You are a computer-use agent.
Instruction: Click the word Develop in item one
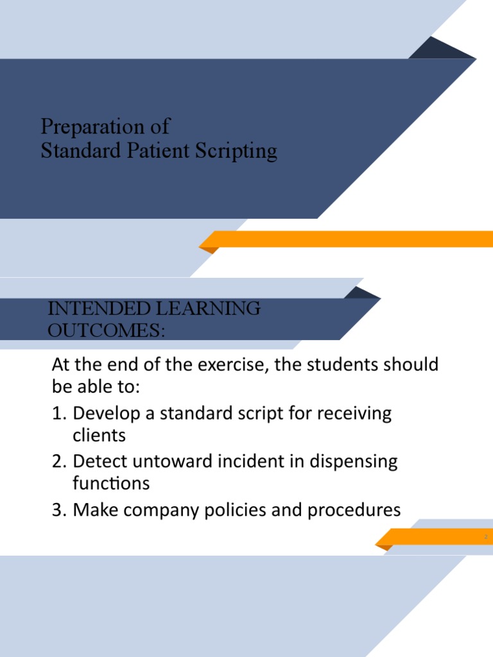pos(104,414)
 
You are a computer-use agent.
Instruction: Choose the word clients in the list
pos(99,436)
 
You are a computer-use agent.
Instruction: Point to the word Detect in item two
pos(98,461)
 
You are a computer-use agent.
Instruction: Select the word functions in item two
pos(111,482)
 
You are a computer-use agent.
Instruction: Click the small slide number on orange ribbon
pos(486,536)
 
